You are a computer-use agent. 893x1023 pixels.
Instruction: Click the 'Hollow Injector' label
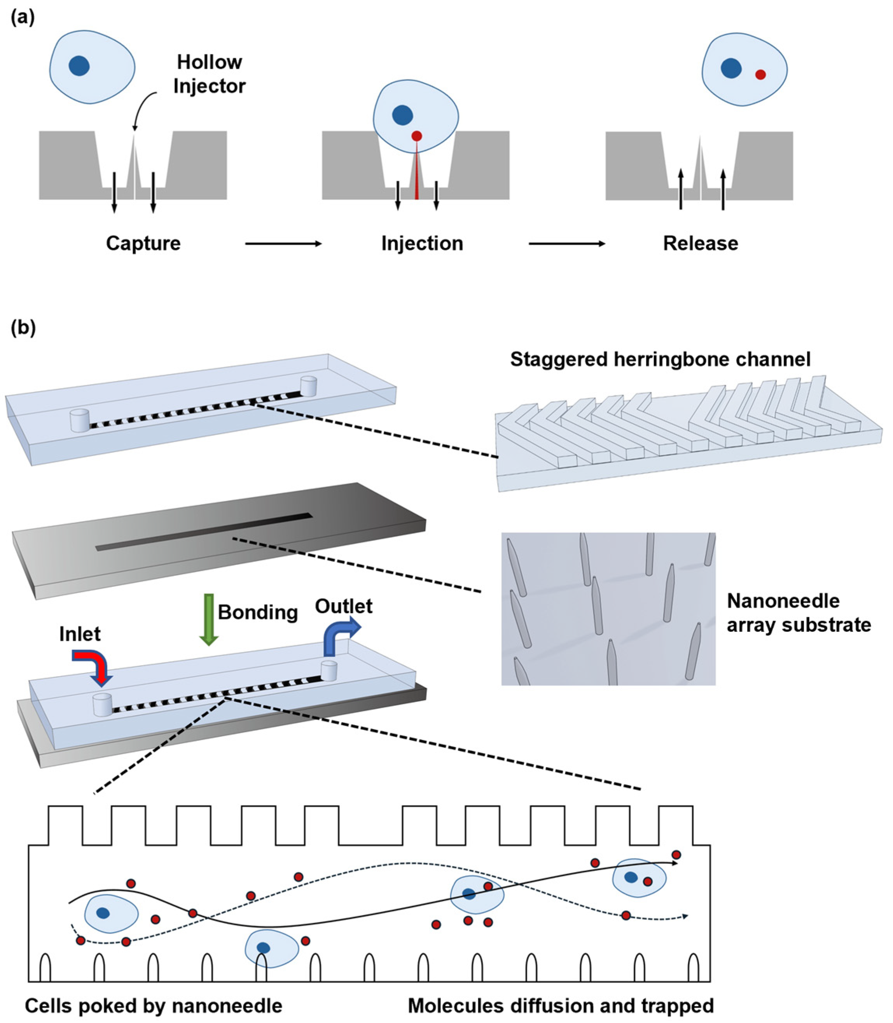pyautogui.click(x=209, y=74)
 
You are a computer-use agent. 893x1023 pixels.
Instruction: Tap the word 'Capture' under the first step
pyautogui.click(x=143, y=243)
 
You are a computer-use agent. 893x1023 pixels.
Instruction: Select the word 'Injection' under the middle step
pyautogui.click(x=422, y=243)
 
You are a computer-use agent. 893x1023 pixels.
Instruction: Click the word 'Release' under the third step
pyautogui.click(x=700, y=243)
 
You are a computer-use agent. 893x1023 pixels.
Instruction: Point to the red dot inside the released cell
pyautogui.click(x=760, y=75)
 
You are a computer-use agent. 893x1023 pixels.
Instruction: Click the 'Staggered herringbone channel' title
pyautogui.click(x=660, y=359)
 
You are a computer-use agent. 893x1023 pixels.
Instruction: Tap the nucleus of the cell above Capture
pyautogui.click(x=79, y=66)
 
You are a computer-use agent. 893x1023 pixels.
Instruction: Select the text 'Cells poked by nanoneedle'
pyautogui.click(x=154, y=1006)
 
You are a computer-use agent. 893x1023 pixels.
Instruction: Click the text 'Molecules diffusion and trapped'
pyautogui.click(x=561, y=1006)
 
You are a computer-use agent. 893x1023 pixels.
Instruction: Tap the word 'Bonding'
pyautogui.click(x=258, y=612)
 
